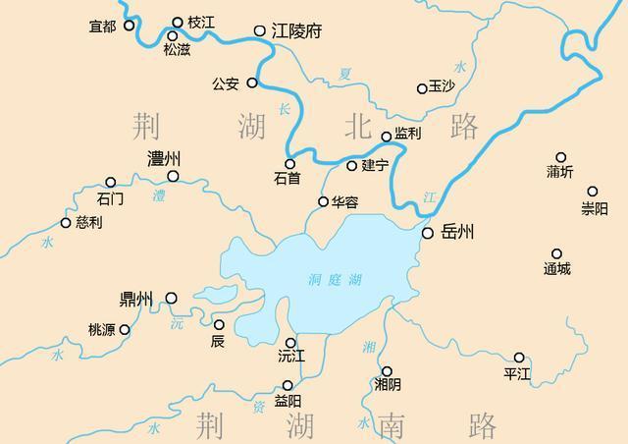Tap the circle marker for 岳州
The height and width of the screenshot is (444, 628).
(x=428, y=233)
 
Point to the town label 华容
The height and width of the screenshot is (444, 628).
(x=344, y=201)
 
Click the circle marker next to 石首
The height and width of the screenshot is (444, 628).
(x=289, y=164)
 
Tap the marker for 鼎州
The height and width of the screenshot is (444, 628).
(x=171, y=298)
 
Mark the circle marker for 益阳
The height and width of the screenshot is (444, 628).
(x=288, y=385)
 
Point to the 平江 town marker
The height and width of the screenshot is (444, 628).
(x=519, y=358)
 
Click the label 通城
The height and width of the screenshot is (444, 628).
(x=556, y=269)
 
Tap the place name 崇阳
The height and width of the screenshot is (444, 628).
(x=594, y=208)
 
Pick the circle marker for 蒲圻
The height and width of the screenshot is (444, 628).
(x=561, y=157)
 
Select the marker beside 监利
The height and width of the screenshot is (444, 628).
(x=387, y=138)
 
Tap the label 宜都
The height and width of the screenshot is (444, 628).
(x=103, y=26)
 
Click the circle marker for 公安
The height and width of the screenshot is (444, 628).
(x=252, y=83)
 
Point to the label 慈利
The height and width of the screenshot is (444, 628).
(x=88, y=223)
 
